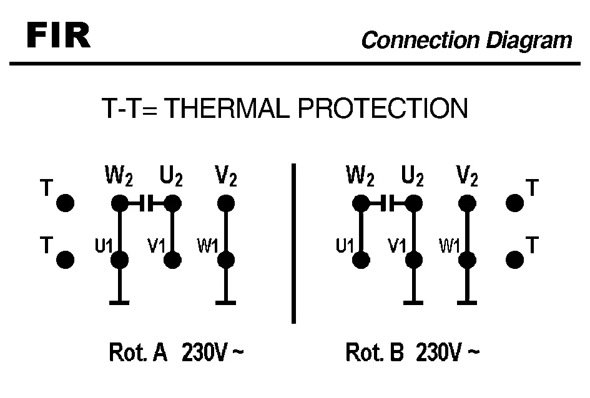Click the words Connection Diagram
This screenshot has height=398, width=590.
pos(466,41)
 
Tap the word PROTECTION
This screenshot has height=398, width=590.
pos(382,109)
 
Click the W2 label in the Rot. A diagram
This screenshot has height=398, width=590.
pos(118,178)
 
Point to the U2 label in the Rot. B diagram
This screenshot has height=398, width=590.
pos(413,178)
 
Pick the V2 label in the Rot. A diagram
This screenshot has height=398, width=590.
pos(225,178)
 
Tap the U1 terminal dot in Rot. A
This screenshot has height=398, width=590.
pos(119,260)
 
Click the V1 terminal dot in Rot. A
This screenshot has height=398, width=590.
pos(172,260)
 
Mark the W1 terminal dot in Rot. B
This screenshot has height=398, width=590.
pos(464,260)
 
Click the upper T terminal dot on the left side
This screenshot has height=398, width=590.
pos(65,203)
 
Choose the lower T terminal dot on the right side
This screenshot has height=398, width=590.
pos(514,260)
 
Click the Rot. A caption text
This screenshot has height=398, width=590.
pos(139,354)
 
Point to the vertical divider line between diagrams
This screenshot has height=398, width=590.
pos(293,243)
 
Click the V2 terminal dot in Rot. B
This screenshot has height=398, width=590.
pos(464,203)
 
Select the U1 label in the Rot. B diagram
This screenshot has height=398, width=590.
pos(345,246)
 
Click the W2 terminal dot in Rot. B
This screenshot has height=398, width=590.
pos(360,203)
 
